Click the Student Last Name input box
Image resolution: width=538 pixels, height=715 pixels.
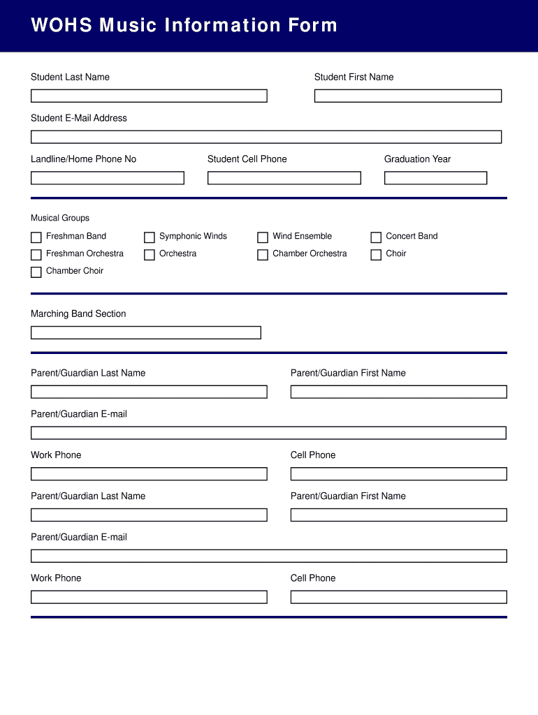(x=149, y=96)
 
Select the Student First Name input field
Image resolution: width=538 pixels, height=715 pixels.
(x=407, y=96)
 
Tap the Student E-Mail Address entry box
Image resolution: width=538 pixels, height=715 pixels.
(x=266, y=137)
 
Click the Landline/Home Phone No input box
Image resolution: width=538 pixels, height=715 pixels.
(x=107, y=178)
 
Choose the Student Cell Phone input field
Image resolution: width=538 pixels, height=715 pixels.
(x=284, y=178)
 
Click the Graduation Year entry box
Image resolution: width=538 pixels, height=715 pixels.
(x=435, y=178)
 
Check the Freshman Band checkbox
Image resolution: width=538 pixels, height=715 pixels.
(x=36, y=237)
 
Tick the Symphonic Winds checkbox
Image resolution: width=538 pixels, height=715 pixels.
(x=150, y=237)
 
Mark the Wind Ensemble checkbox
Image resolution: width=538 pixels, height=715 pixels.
(x=263, y=237)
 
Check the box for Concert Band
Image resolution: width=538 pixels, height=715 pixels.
(x=376, y=237)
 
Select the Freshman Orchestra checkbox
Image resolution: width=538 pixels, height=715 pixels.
(x=36, y=255)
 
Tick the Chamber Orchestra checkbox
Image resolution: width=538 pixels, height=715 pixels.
(x=263, y=255)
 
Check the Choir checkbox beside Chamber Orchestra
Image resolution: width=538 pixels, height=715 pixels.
(x=376, y=255)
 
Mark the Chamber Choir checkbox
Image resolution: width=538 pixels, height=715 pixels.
(x=36, y=272)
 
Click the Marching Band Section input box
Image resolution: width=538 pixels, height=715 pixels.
(x=145, y=332)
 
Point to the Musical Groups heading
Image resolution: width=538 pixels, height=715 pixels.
(x=60, y=218)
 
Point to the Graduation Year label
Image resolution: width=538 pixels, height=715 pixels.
(x=417, y=159)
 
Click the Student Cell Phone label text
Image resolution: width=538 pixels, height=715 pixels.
(x=247, y=159)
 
